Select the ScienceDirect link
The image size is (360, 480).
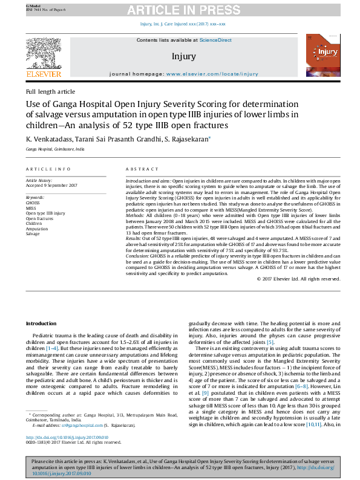coord(216,40)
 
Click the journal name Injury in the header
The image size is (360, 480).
coord(183,56)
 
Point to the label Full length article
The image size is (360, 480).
coord(50,91)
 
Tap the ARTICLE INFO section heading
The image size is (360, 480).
coord(48,169)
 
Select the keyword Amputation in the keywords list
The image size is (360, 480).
coord(36,229)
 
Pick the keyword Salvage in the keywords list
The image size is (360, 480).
coord(33,234)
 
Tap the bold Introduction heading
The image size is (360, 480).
coord(41,324)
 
